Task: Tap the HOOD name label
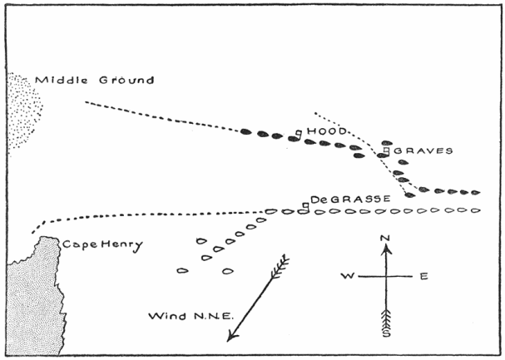pos(319,131)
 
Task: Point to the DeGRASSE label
pos(341,200)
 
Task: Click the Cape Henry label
pos(101,244)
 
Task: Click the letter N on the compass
pos(385,239)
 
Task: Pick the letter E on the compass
pos(423,276)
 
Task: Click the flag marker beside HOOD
pos(298,132)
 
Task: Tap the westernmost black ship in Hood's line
pos(245,131)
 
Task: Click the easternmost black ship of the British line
pos(475,193)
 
